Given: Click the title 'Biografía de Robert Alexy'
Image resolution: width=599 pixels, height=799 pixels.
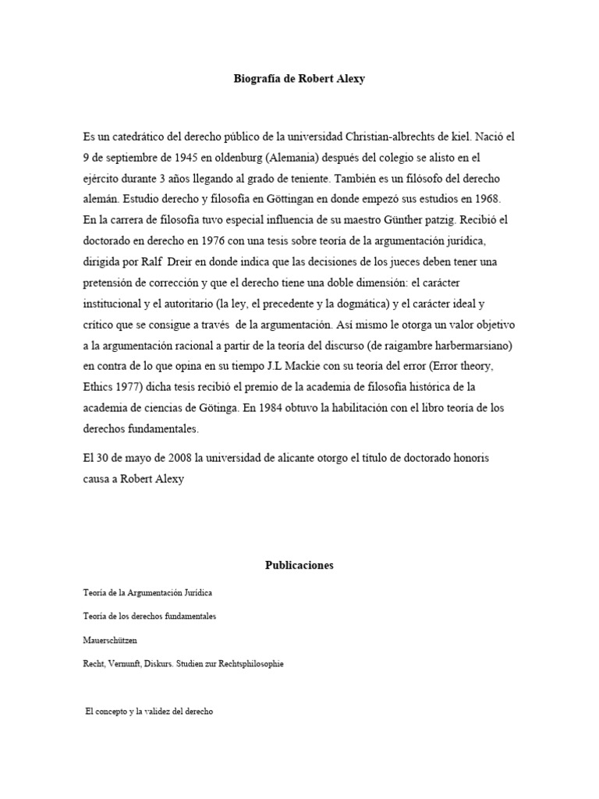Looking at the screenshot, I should pos(299,79).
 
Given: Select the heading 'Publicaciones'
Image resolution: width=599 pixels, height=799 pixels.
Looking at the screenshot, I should pos(299,565).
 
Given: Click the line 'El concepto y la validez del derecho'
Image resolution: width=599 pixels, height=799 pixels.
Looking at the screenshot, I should pos(150,713).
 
